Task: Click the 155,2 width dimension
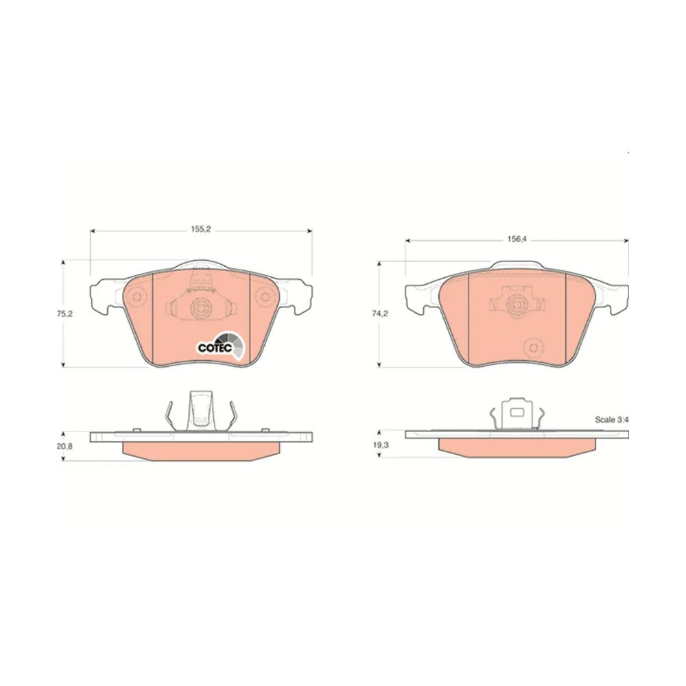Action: [x=201, y=229]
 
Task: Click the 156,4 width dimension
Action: [x=517, y=239]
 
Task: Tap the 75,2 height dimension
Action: [x=64, y=314]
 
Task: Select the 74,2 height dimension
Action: [x=379, y=314]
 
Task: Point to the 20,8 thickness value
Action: [x=65, y=447]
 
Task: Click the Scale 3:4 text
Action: [x=612, y=420]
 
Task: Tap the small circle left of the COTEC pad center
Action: [x=137, y=297]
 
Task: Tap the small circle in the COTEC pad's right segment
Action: [x=265, y=297]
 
